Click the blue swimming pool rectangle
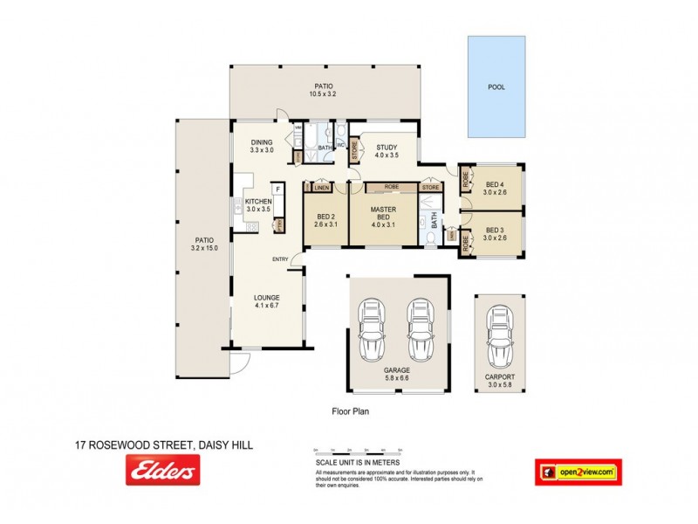tap(496, 86)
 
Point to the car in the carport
tap(501, 337)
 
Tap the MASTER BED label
tap(384, 214)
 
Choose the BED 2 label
tap(325, 219)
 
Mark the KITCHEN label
tap(258, 202)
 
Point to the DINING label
tap(262, 142)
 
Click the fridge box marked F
tap(277, 189)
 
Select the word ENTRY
tap(280, 259)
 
